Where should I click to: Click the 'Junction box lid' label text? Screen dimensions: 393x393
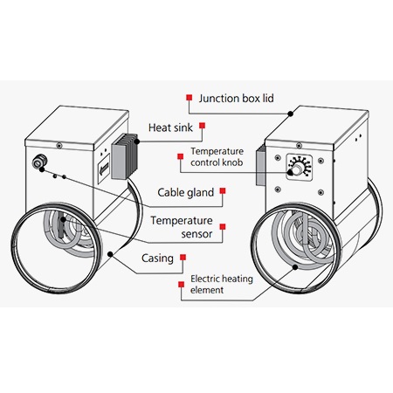(236, 99)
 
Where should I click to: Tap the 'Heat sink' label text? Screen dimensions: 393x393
(170, 128)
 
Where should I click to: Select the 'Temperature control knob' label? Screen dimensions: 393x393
(217, 156)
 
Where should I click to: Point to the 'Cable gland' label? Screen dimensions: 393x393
(186, 192)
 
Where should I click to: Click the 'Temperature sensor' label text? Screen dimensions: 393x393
(182, 227)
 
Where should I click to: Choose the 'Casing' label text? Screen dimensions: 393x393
(157, 259)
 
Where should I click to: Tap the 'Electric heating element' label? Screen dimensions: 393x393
(222, 284)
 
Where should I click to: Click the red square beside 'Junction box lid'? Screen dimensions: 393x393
(190, 98)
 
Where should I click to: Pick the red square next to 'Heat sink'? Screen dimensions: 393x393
(202, 126)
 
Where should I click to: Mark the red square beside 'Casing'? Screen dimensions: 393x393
(183, 257)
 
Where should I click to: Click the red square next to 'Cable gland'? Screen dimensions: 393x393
(223, 190)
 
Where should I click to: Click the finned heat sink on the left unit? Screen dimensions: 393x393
(124, 156)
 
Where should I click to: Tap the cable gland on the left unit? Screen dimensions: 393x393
(38, 162)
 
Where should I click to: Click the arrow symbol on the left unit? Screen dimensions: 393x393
(104, 169)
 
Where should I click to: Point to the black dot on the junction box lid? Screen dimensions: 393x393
(291, 114)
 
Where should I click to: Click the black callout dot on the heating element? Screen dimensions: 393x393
(295, 267)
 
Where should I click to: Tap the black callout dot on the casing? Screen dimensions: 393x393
(110, 254)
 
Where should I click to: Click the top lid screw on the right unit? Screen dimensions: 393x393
(299, 145)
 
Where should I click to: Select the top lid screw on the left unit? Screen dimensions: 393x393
(59, 145)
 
